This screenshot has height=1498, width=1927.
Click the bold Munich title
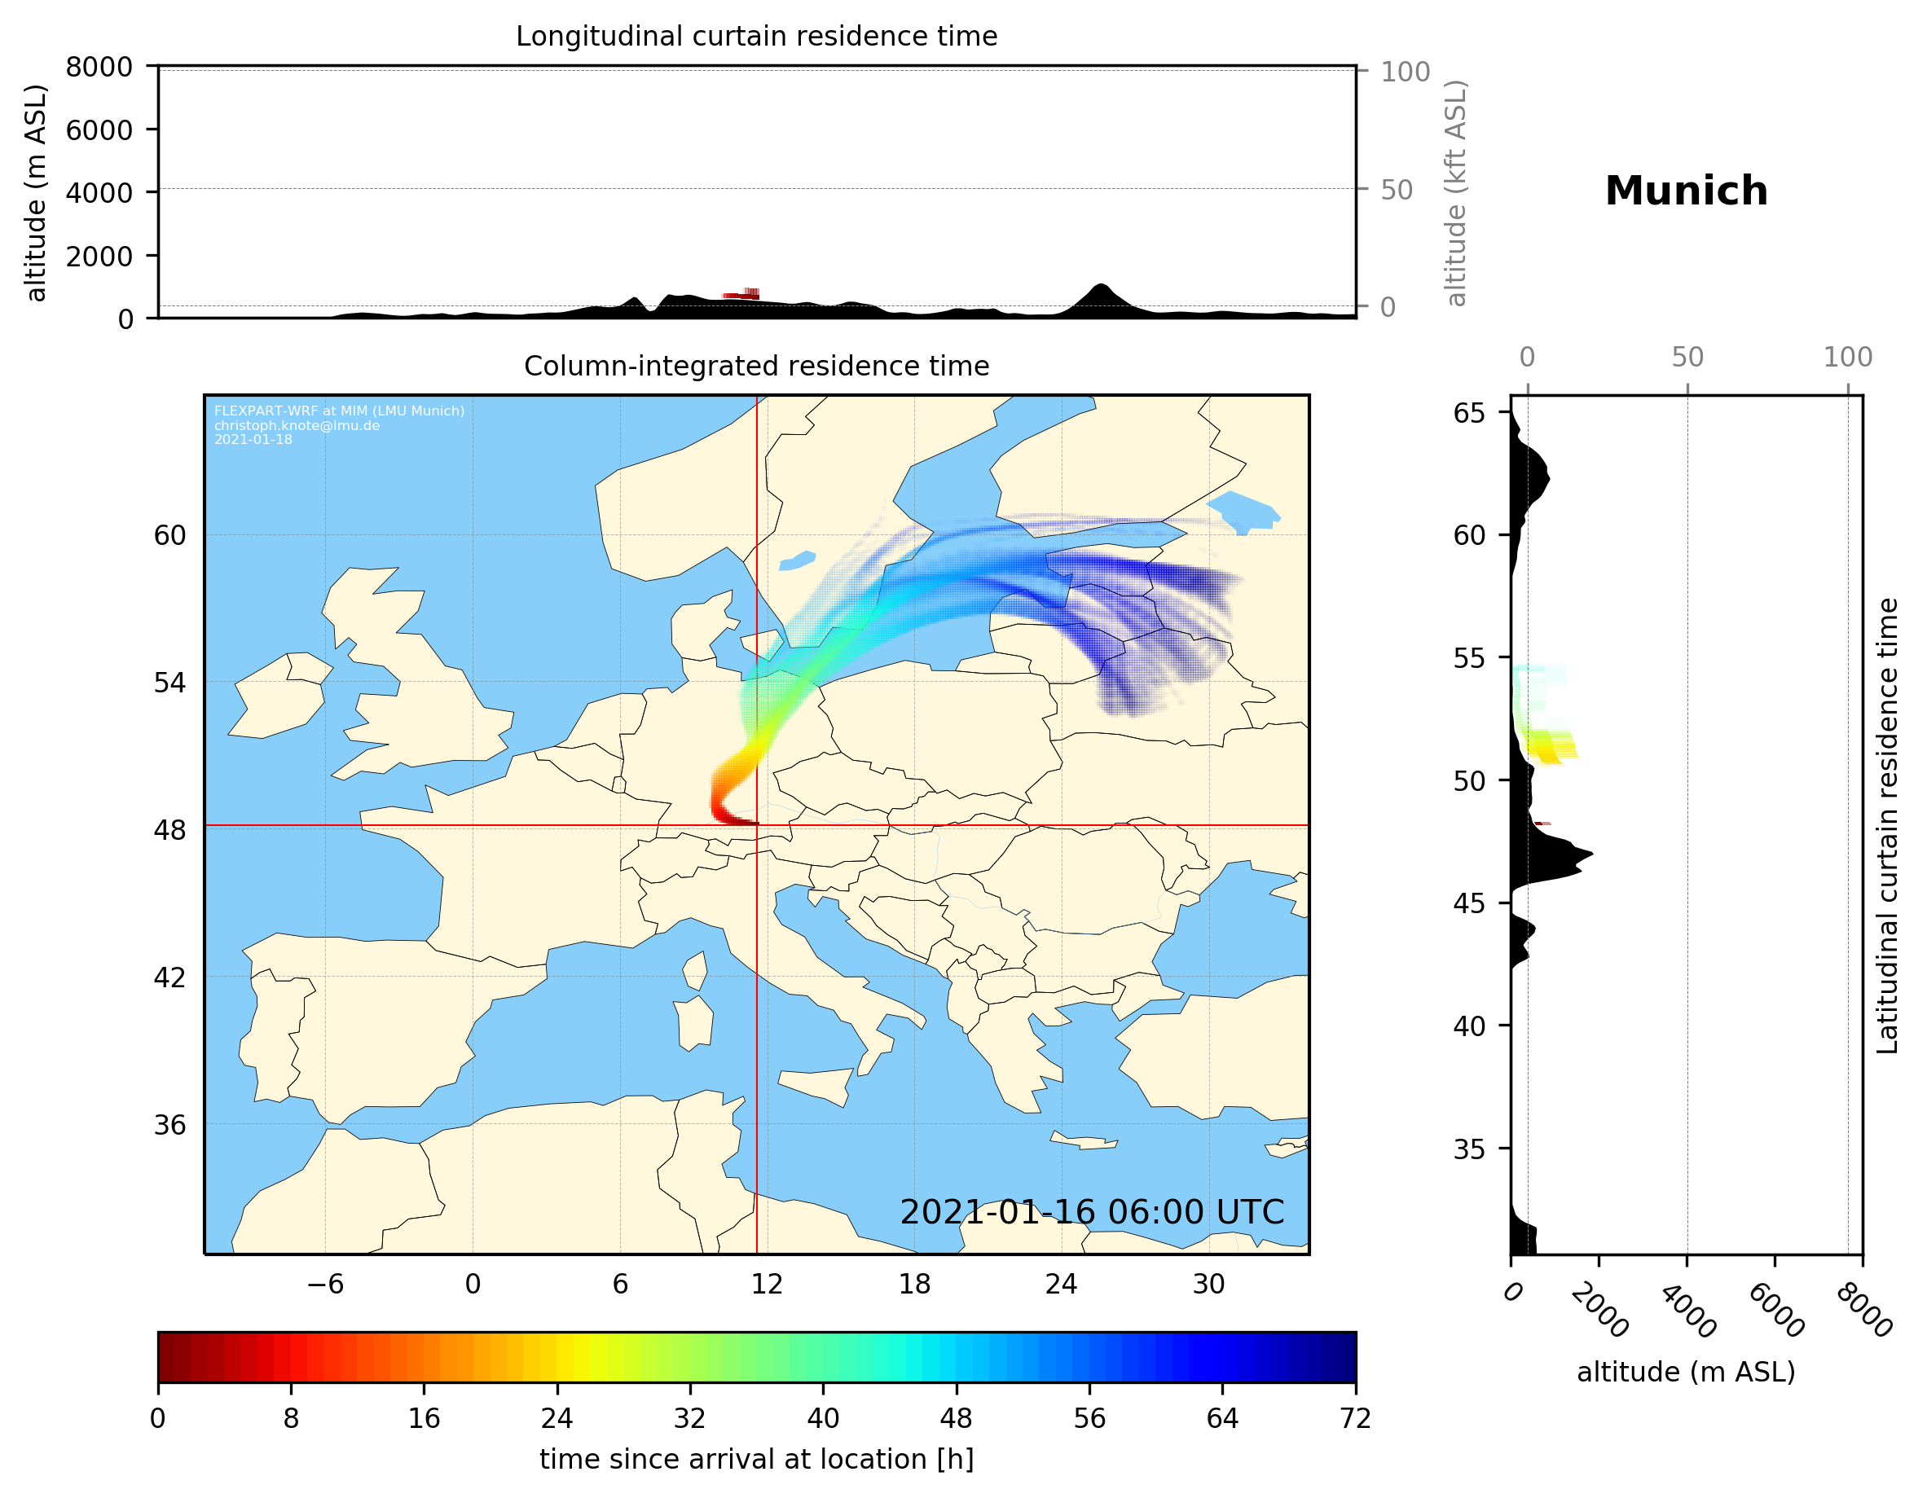[1686, 191]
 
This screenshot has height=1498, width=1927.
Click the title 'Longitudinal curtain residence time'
[756, 36]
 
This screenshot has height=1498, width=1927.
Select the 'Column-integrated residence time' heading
[756, 366]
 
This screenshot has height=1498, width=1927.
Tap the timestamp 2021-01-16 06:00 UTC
[1092, 1212]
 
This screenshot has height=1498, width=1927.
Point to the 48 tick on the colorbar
[957, 1419]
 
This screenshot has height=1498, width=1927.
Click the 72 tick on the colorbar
[1355, 1419]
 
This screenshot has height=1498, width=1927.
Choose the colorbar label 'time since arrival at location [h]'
[756, 1459]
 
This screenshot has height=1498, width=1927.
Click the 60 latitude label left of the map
[170, 535]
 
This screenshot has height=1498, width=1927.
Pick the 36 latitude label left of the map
[170, 1125]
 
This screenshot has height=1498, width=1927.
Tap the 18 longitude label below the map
[914, 1284]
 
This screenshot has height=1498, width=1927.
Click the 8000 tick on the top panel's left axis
[99, 67]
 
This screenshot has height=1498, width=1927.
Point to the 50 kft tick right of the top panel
[1397, 190]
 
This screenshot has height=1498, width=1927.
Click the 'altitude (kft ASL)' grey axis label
[1456, 193]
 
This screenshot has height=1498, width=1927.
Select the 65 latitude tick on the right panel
[1469, 413]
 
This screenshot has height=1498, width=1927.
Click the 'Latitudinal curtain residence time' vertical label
[1886, 825]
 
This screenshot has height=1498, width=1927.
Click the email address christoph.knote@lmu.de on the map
[297, 425]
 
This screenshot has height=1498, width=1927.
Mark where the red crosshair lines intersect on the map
[757, 826]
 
